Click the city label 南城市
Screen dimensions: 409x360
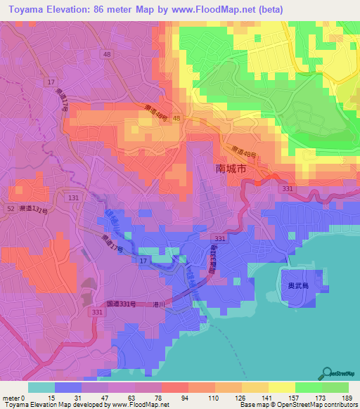(231, 169)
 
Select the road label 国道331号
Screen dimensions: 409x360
(121, 304)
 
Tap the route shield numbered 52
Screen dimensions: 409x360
(11, 209)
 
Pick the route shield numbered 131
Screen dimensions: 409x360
(73, 199)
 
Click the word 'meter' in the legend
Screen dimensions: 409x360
(11, 397)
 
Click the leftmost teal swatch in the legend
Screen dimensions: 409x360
(41, 387)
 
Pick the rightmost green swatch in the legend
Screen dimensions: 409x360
(335, 387)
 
